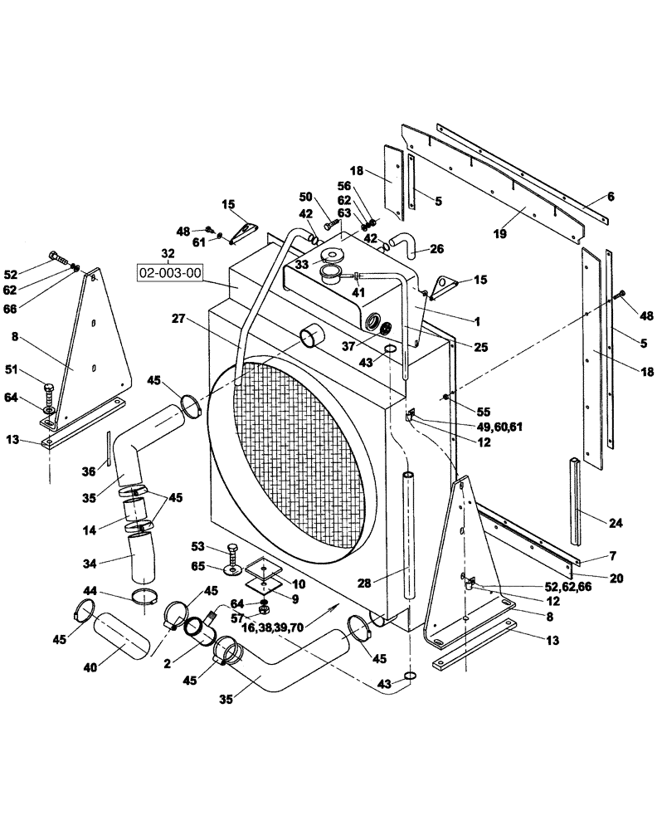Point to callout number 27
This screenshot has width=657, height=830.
click(x=178, y=318)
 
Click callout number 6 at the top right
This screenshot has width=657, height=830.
click(x=611, y=197)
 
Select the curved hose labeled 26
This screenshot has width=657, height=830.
click(x=405, y=243)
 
